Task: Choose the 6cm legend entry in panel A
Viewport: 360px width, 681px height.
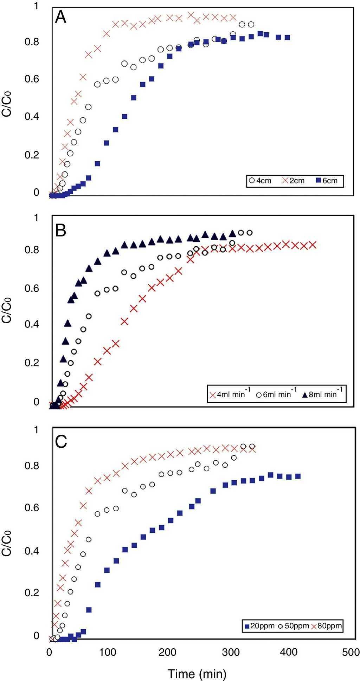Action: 327,181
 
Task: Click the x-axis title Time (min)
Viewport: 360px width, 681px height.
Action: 197,664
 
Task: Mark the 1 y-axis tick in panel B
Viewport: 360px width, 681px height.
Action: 36,218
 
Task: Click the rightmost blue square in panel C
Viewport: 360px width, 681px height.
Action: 297,476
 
